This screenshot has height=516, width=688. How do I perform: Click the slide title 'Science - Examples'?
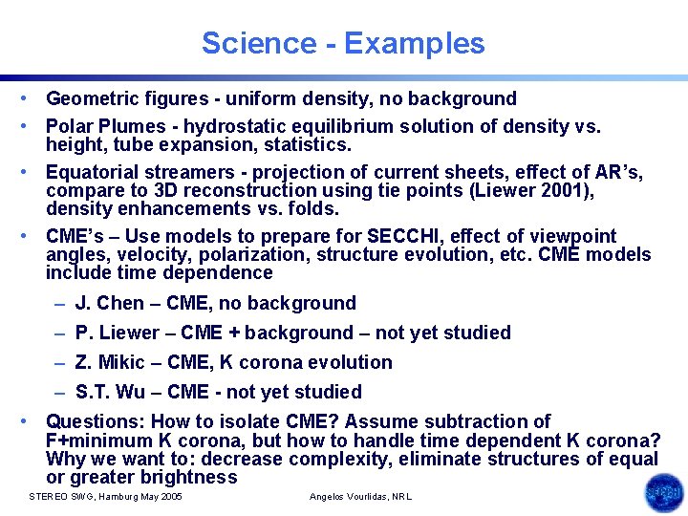(343, 43)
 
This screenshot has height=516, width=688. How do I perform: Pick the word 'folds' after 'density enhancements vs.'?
(313, 208)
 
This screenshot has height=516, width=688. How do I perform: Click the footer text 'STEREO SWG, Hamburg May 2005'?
(106, 497)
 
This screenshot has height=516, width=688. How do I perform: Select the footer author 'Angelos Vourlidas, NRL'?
(361, 497)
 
